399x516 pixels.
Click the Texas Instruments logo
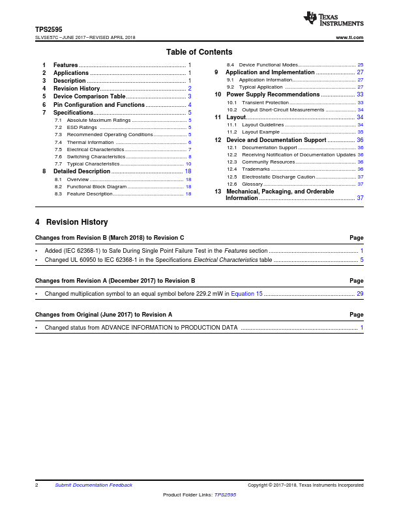[x=333, y=20]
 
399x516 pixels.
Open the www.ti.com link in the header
[x=349, y=38]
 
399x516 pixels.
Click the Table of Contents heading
[x=199, y=52]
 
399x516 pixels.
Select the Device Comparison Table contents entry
[x=89, y=96]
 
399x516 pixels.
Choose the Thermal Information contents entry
[x=90, y=142]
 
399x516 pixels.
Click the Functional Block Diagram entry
[x=96, y=186]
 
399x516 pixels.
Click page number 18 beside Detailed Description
[x=188, y=171]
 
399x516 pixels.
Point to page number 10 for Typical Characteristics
[x=188, y=164]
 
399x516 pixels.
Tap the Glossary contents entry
[x=252, y=184]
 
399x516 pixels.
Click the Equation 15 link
[x=247, y=294]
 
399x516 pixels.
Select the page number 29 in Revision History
[x=360, y=294]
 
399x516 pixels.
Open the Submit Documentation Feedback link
[x=93, y=485]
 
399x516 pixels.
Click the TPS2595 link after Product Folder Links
[x=225, y=495]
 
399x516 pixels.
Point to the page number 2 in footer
[x=37, y=485]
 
